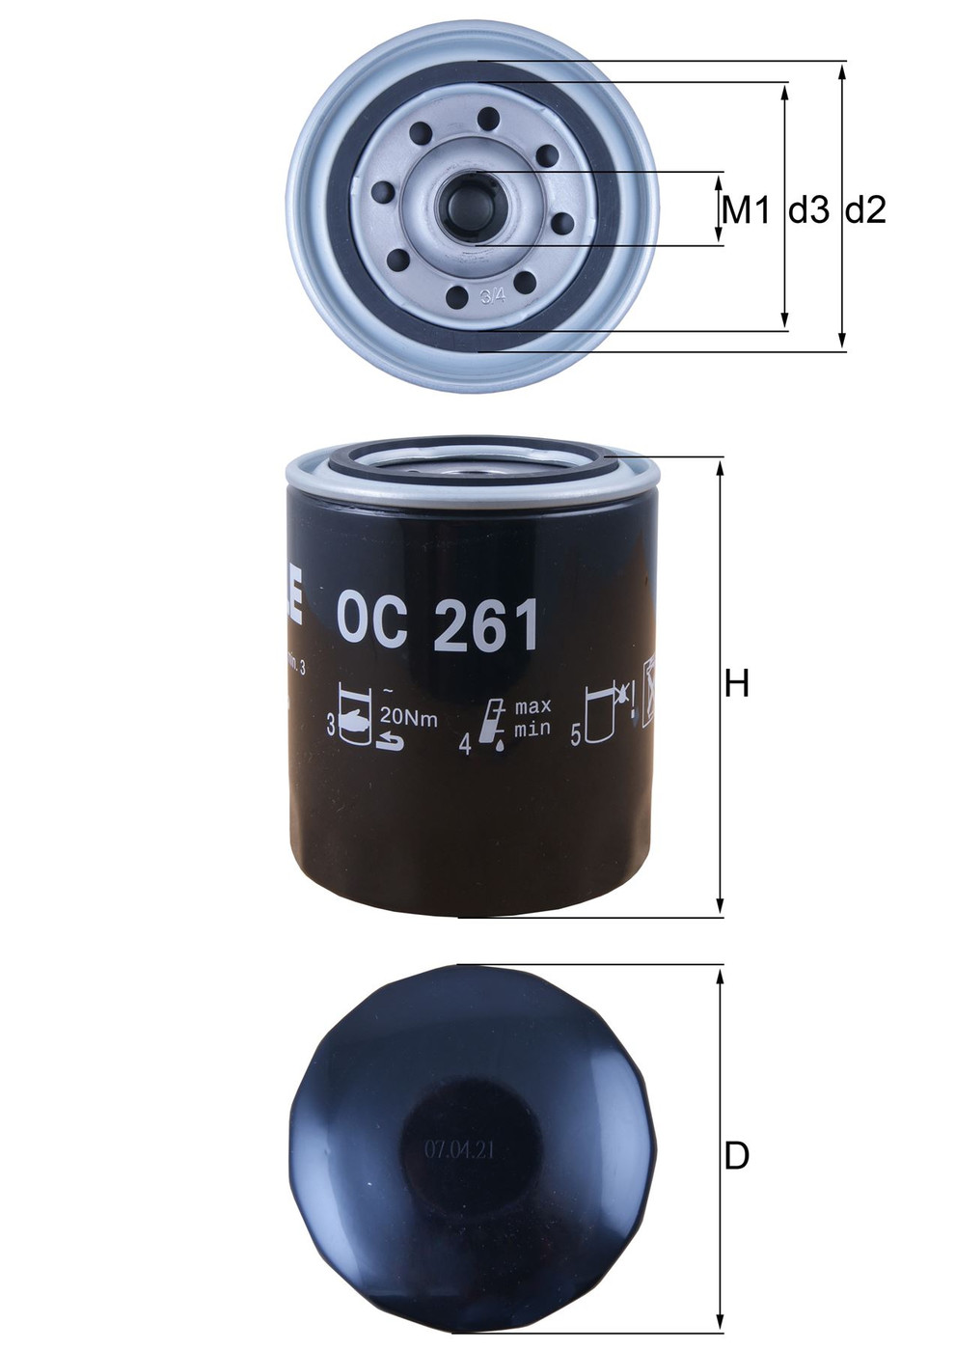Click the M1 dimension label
[x=746, y=209]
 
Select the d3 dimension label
[x=808, y=209]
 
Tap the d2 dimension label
[x=865, y=209]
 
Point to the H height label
[x=737, y=684]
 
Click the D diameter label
[x=737, y=1155]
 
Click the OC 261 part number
[x=437, y=625]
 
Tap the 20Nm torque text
[x=408, y=718]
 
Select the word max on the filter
[x=532, y=706]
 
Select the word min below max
[x=532, y=729]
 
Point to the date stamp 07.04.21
[x=458, y=1150]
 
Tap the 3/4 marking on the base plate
[x=492, y=296]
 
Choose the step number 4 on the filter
[x=465, y=744]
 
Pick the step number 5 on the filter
[x=576, y=736]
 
